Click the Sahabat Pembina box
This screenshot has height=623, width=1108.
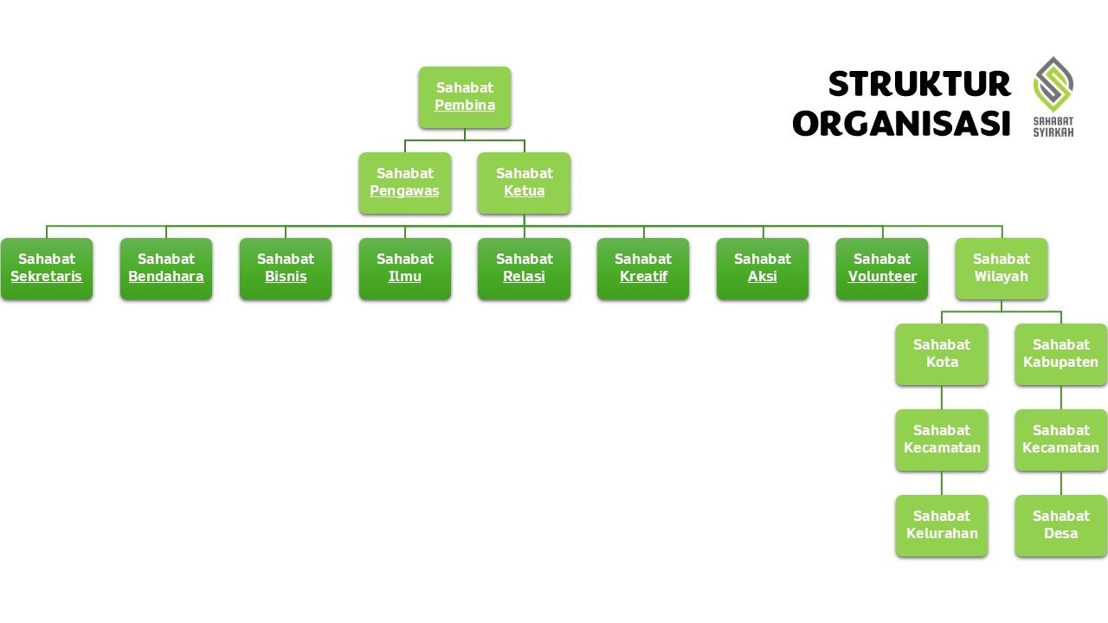point(465,98)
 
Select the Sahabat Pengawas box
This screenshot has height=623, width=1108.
point(405,183)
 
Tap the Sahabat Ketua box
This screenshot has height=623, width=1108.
point(525,183)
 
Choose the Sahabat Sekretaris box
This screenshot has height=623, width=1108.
point(47,268)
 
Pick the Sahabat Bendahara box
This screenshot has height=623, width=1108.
point(166,268)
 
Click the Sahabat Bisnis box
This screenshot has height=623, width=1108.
point(286,268)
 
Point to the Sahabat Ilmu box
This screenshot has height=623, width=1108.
point(405,268)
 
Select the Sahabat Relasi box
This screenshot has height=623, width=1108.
point(525,268)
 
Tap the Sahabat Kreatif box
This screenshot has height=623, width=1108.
point(643,268)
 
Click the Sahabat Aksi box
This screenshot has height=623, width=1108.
point(763,268)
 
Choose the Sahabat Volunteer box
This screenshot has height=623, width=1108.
point(882,268)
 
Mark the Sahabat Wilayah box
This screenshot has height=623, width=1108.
point(1002,268)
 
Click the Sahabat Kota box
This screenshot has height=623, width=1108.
point(942,355)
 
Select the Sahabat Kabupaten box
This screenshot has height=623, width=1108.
point(1061,355)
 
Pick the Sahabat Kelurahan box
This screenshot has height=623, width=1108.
point(942,525)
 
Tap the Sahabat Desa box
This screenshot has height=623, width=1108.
point(1061,525)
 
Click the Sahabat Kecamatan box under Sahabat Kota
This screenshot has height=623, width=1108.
point(942,440)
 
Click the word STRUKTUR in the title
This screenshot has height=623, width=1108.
point(919,84)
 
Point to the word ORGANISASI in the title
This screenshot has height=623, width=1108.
point(901,123)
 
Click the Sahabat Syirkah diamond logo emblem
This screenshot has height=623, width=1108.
point(1053,85)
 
